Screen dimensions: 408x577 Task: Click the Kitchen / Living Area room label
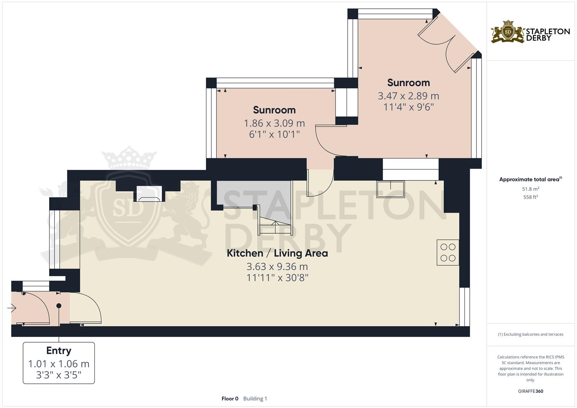(277, 253)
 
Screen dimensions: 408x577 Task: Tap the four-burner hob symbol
(448, 252)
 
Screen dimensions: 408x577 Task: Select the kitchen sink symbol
(390, 189)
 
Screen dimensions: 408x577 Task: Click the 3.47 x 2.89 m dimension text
(408, 96)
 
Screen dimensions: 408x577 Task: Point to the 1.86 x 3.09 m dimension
(274, 123)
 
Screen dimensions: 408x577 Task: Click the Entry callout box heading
(59, 351)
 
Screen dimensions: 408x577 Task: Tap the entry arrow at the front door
(11, 309)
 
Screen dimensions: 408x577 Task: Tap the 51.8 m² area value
(531, 189)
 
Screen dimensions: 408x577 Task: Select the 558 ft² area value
(531, 197)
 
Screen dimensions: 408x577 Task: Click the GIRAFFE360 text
(531, 391)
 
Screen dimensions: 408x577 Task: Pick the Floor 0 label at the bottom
(230, 399)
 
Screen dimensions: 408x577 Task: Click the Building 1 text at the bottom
(255, 399)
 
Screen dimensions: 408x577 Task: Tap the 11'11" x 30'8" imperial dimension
(277, 278)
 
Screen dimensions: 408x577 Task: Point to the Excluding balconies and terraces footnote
(531, 334)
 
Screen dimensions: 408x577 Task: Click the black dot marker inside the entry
(59, 306)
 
